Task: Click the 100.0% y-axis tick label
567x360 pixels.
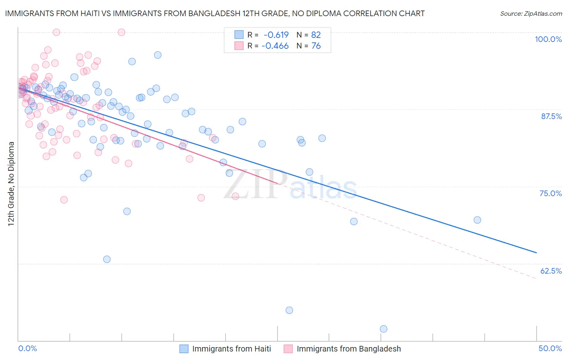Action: [x=548, y=39]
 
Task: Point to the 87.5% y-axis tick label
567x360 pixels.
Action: [x=551, y=116]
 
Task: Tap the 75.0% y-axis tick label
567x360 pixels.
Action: [x=550, y=193]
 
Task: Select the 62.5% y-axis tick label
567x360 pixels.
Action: [x=551, y=271]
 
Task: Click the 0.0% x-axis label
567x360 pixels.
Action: [x=27, y=348]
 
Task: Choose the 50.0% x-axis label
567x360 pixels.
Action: [x=550, y=348]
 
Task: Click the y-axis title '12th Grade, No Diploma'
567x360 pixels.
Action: [x=11, y=184]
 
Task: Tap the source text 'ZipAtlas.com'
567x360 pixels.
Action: [x=543, y=14]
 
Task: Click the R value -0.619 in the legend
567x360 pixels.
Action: [x=276, y=35]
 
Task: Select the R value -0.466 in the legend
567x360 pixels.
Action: [x=275, y=46]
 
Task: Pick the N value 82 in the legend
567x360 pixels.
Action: [x=316, y=35]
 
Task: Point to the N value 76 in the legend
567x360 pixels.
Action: [x=316, y=46]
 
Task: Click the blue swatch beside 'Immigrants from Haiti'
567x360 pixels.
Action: [x=184, y=349]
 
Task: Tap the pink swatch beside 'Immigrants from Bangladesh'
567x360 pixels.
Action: [x=288, y=349]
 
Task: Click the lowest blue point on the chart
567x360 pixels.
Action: [x=384, y=329]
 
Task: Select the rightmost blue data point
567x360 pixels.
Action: [x=477, y=220]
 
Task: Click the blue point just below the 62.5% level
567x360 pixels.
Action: [x=107, y=259]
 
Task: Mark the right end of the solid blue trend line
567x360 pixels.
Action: [x=536, y=253]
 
